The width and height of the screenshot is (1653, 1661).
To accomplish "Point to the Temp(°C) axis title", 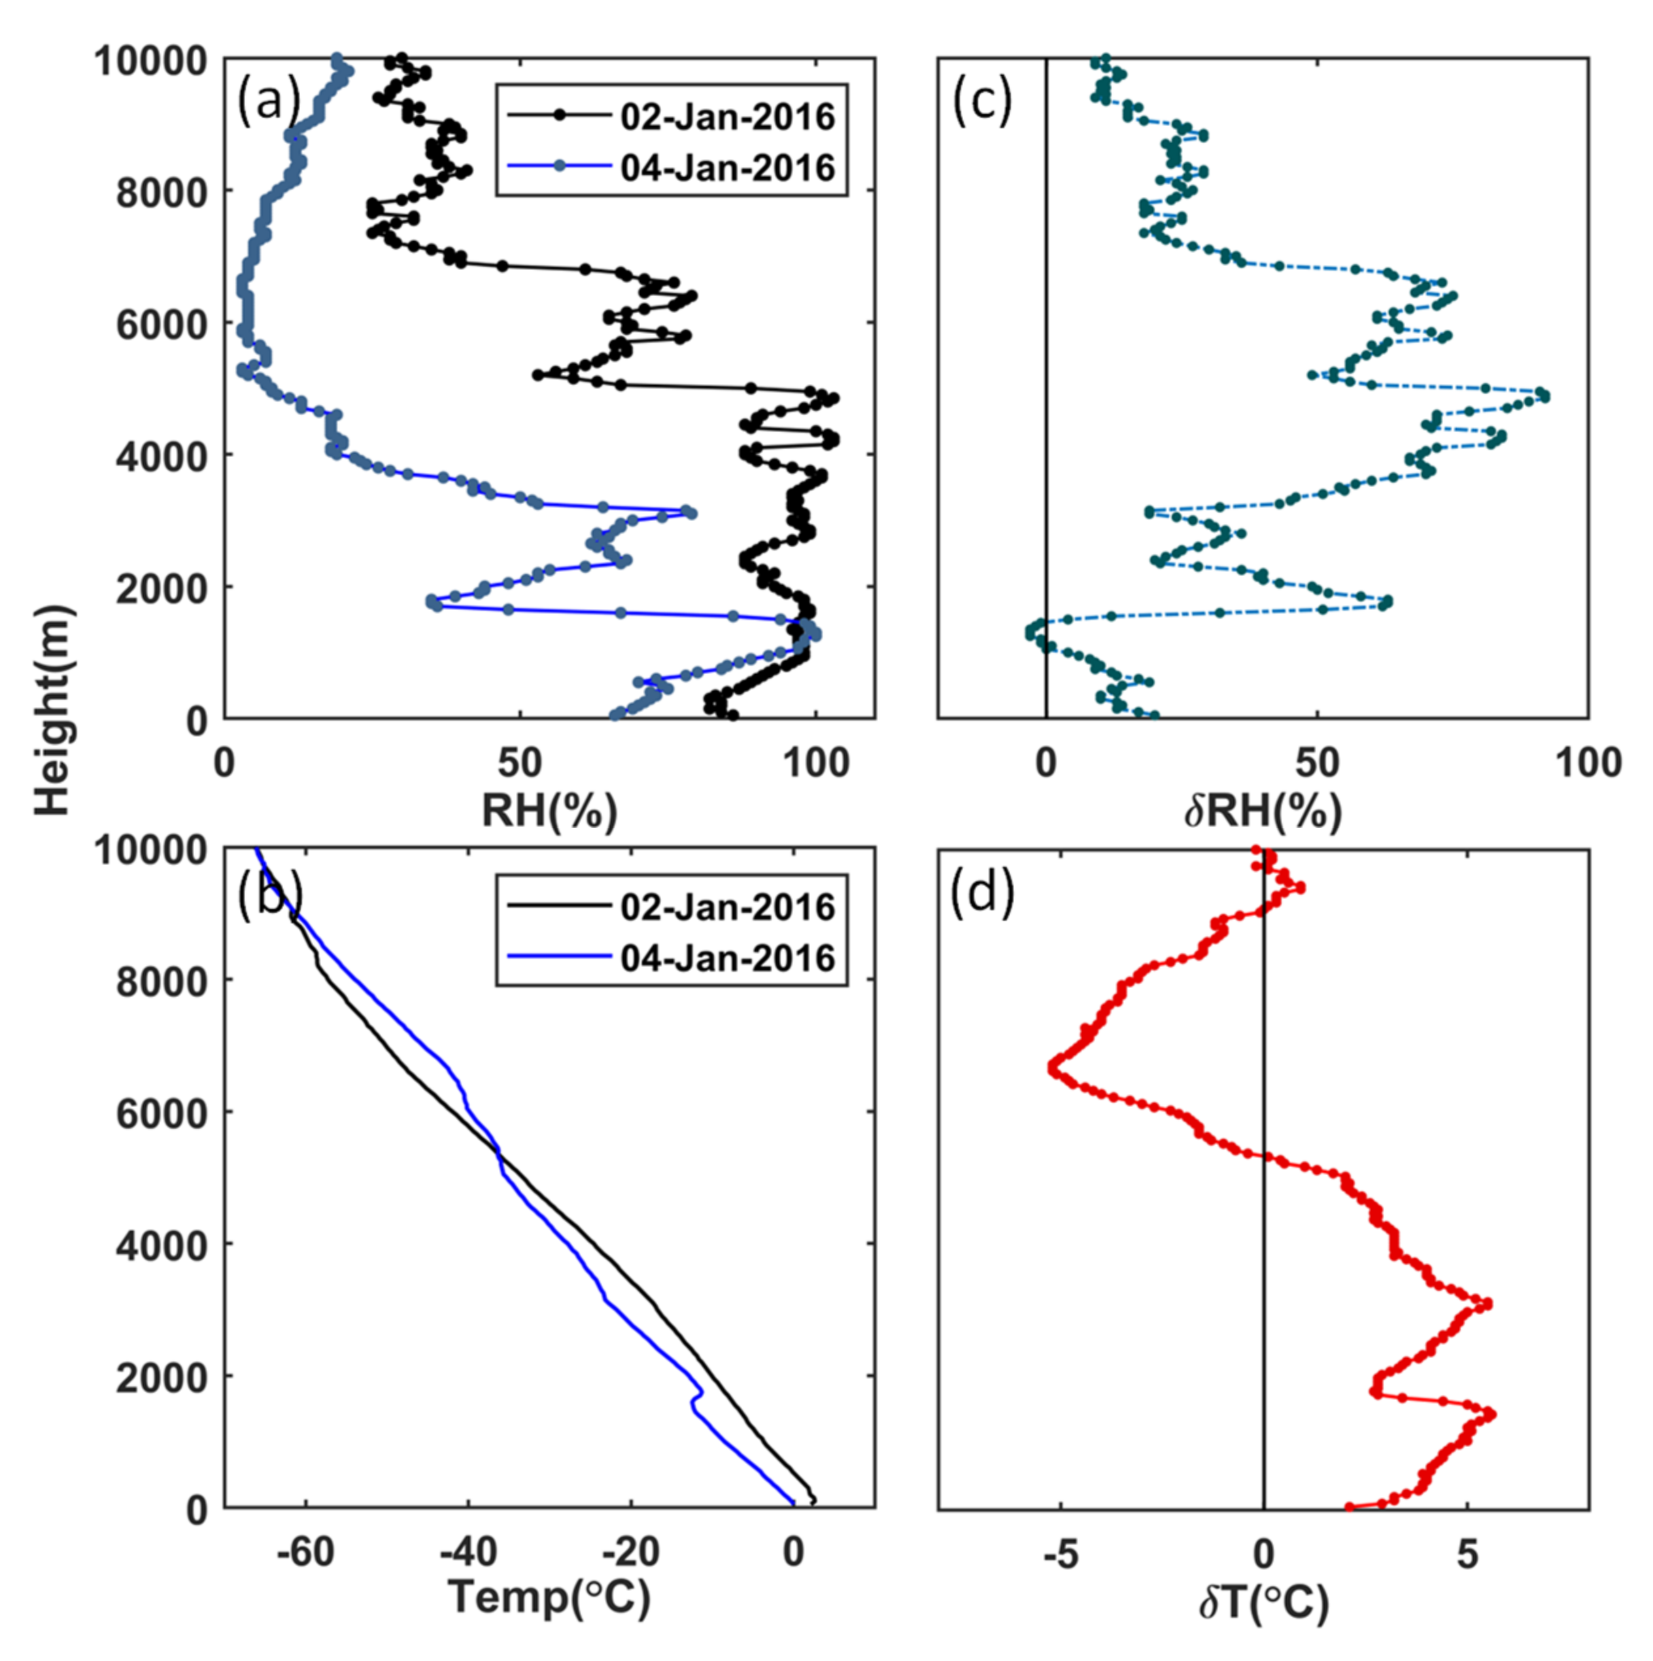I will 549,1598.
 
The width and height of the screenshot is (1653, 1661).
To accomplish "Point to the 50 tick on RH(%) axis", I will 519,763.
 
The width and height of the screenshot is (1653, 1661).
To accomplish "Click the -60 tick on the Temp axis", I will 307,1552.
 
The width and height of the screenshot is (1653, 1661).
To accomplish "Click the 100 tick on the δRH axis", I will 1586,763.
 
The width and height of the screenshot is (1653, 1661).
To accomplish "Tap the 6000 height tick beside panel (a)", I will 161,324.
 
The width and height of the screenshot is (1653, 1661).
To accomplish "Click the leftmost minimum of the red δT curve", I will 1052,1068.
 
